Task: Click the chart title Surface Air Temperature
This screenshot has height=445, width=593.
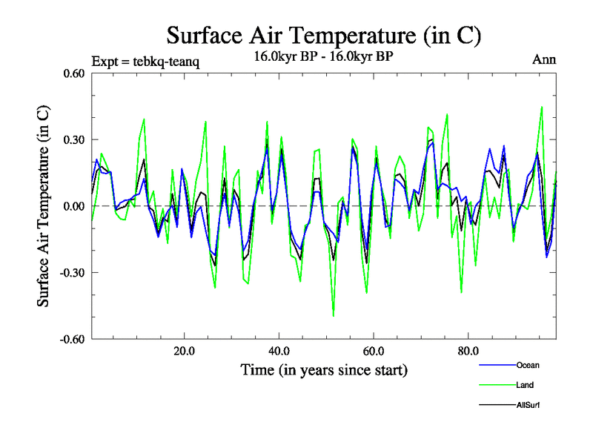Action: [324, 35]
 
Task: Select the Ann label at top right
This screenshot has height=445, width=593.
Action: [544, 59]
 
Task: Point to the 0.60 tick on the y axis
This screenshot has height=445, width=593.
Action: [72, 73]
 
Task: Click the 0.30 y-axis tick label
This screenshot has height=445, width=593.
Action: [72, 139]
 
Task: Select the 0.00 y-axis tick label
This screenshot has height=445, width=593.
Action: [72, 206]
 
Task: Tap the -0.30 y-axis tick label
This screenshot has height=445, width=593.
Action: [70, 272]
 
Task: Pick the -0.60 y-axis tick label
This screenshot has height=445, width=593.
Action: [70, 339]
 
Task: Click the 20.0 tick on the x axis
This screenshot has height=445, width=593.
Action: [184, 351]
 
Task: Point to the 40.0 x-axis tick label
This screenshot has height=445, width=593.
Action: [279, 351]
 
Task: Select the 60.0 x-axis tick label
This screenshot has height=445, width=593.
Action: [374, 351]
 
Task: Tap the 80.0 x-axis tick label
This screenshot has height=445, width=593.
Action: [468, 351]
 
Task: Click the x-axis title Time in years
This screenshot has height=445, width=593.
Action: [324, 369]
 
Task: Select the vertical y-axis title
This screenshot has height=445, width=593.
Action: [44, 206]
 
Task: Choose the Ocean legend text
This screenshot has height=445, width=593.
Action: [528, 365]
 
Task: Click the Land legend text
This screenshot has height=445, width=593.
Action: [525, 385]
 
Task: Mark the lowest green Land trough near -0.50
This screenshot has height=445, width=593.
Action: [334, 316]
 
